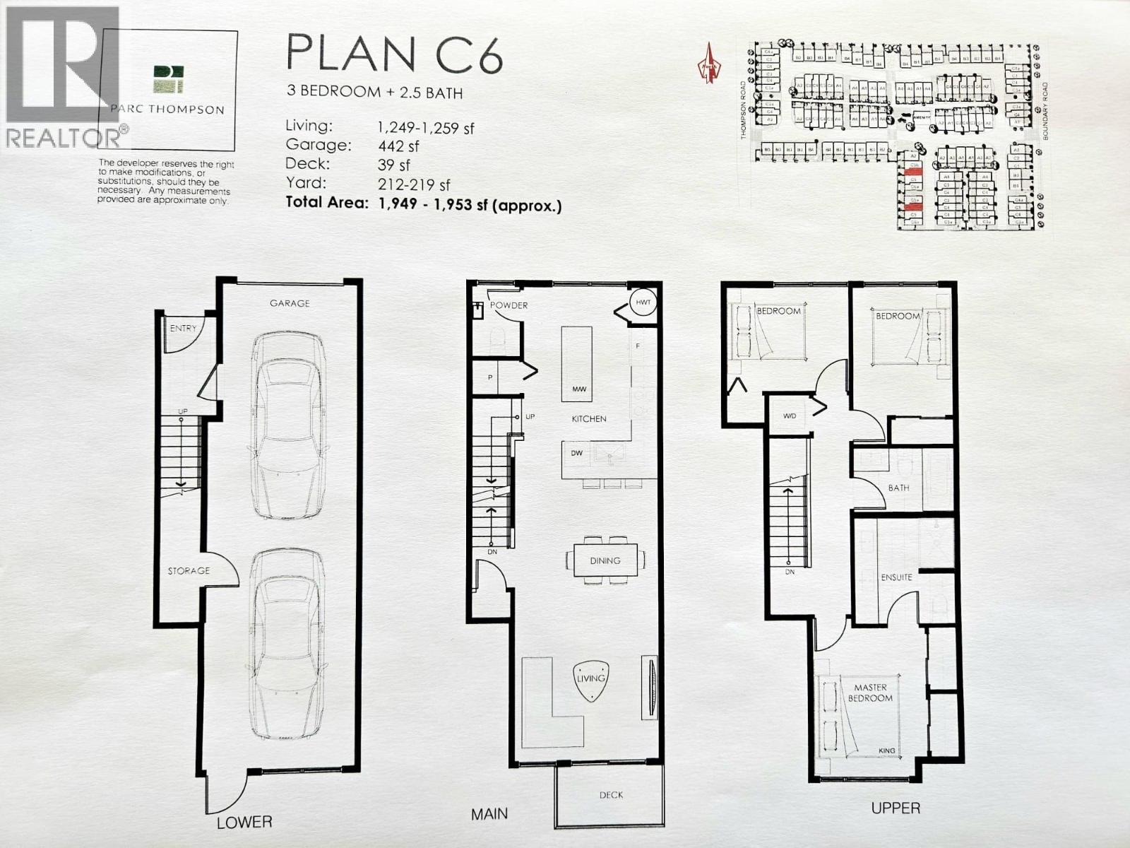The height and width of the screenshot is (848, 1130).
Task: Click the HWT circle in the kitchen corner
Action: pyautogui.click(x=643, y=302)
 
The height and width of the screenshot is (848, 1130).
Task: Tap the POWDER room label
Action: pyautogui.click(x=509, y=305)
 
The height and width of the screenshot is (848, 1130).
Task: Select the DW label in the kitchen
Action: pyautogui.click(x=577, y=453)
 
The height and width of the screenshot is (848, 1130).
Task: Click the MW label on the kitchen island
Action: pyautogui.click(x=579, y=389)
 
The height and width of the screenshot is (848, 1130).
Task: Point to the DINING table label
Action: pyautogui.click(x=605, y=560)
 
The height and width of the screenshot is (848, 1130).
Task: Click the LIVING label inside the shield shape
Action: pyautogui.click(x=590, y=678)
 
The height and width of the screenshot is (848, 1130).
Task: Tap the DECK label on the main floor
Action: pyautogui.click(x=611, y=795)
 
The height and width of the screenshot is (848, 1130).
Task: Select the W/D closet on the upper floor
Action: pyautogui.click(x=789, y=416)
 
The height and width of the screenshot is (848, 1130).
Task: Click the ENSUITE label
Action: pyautogui.click(x=896, y=577)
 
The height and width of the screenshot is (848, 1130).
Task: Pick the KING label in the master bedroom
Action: pyautogui.click(x=887, y=750)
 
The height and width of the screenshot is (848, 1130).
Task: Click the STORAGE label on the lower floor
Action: pyautogui.click(x=189, y=570)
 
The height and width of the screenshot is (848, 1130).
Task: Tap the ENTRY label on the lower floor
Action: pyautogui.click(x=183, y=328)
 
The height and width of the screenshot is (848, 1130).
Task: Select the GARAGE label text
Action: pyautogui.click(x=290, y=303)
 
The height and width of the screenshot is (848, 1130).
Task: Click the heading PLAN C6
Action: pyautogui.click(x=394, y=54)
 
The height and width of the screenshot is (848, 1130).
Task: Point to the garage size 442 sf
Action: pyautogui.click(x=398, y=146)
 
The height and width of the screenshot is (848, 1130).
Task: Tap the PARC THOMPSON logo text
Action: pyautogui.click(x=167, y=110)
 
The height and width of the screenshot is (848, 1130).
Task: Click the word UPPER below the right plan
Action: pyautogui.click(x=896, y=808)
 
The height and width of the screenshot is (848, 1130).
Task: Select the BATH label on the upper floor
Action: pyautogui.click(x=898, y=488)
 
